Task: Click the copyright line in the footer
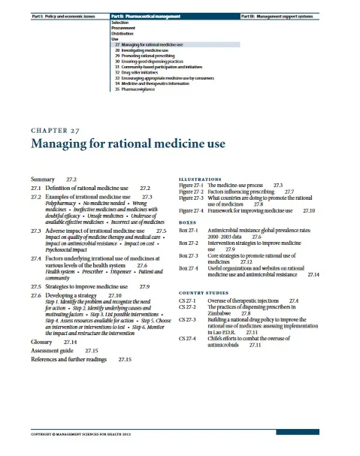79,433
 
